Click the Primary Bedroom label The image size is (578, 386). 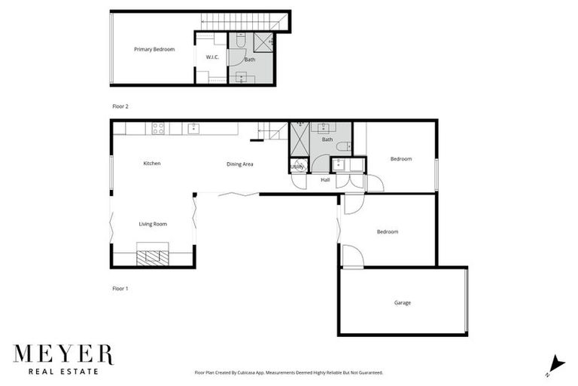click(154, 49)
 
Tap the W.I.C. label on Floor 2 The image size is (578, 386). click(212, 57)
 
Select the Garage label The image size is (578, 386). click(403, 302)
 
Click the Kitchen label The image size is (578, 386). click(152, 164)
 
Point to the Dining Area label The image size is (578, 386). click(239, 164)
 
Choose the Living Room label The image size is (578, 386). click(153, 224)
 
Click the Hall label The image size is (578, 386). click(325, 180)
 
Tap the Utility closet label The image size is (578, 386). click(297, 167)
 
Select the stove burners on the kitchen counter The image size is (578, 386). click(159, 128)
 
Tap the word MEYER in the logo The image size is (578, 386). click(63, 354)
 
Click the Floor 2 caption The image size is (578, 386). click(120, 107)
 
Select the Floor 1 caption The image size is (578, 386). click(120, 288)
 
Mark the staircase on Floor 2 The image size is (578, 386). click(241, 21)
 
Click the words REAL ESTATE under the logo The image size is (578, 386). click(63, 371)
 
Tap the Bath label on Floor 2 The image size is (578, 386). click(250, 60)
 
